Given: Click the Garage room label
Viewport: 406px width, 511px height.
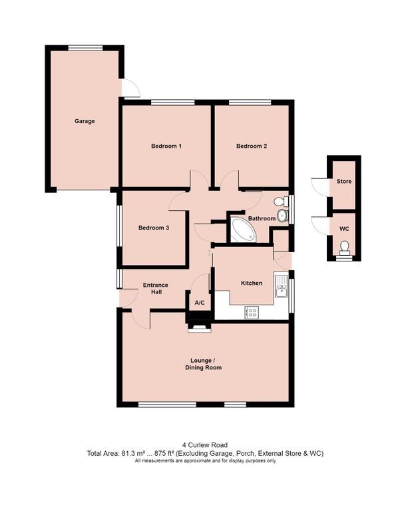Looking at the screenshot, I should [85, 121].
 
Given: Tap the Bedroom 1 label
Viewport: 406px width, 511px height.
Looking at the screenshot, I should [166, 146].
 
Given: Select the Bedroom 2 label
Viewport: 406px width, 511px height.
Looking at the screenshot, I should [252, 146].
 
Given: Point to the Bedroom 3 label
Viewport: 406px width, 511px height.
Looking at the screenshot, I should [153, 228].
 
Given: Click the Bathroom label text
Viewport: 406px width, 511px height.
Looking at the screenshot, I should [262, 218].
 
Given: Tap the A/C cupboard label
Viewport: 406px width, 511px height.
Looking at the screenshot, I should [200, 303].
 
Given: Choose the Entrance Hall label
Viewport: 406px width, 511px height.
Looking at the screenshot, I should [156, 289].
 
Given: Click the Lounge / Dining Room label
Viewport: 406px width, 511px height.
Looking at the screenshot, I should [204, 364].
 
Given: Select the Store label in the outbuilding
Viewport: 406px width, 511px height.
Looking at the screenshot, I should [344, 181].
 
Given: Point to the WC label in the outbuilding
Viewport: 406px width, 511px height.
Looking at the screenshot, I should [344, 228].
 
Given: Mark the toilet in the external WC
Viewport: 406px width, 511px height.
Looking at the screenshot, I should [344, 249].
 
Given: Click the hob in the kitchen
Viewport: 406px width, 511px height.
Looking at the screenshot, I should [252, 311].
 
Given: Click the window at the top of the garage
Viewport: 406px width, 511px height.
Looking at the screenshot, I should [84, 47].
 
